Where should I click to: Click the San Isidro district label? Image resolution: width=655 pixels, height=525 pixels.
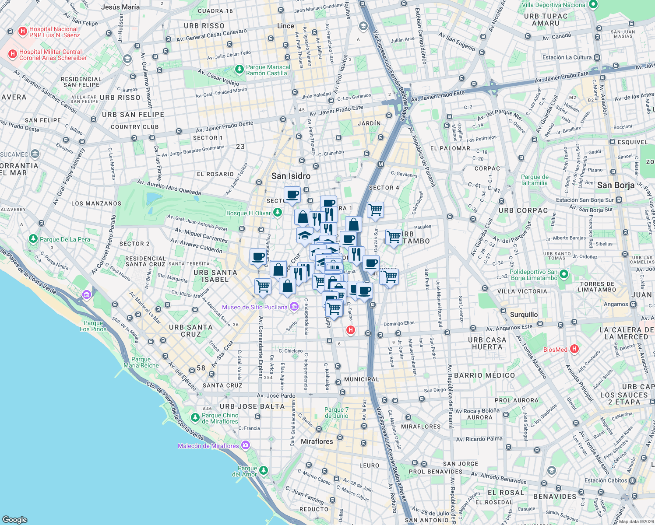point(291,176)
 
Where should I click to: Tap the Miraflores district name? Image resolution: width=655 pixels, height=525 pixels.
point(317,441)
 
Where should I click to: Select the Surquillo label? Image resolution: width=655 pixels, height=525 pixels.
point(524,315)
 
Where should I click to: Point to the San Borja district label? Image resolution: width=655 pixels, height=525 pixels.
point(616,185)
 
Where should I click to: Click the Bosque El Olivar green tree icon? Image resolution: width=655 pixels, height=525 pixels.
point(277,213)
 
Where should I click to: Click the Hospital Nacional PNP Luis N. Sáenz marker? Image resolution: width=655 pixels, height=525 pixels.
point(23,31)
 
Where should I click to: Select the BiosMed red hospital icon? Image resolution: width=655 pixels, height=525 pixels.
point(574,349)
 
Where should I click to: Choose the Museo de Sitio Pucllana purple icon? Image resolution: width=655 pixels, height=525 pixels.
point(294,307)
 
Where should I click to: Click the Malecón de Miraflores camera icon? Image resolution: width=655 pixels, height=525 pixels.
point(245,445)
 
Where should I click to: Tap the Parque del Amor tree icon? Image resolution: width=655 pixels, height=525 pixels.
point(264,470)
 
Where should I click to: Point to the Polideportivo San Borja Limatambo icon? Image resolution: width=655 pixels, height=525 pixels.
point(564,275)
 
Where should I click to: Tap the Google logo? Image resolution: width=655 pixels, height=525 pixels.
point(15,519)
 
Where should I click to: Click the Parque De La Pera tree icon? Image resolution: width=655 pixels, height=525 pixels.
point(33,239)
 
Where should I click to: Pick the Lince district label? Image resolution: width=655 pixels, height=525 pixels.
point(285,26)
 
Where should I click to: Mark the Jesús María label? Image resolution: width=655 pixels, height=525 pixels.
point(120,7)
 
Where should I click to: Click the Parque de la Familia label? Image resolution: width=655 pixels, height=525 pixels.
point(535,180)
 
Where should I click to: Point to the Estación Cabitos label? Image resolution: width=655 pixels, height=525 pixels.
point(606,480)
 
